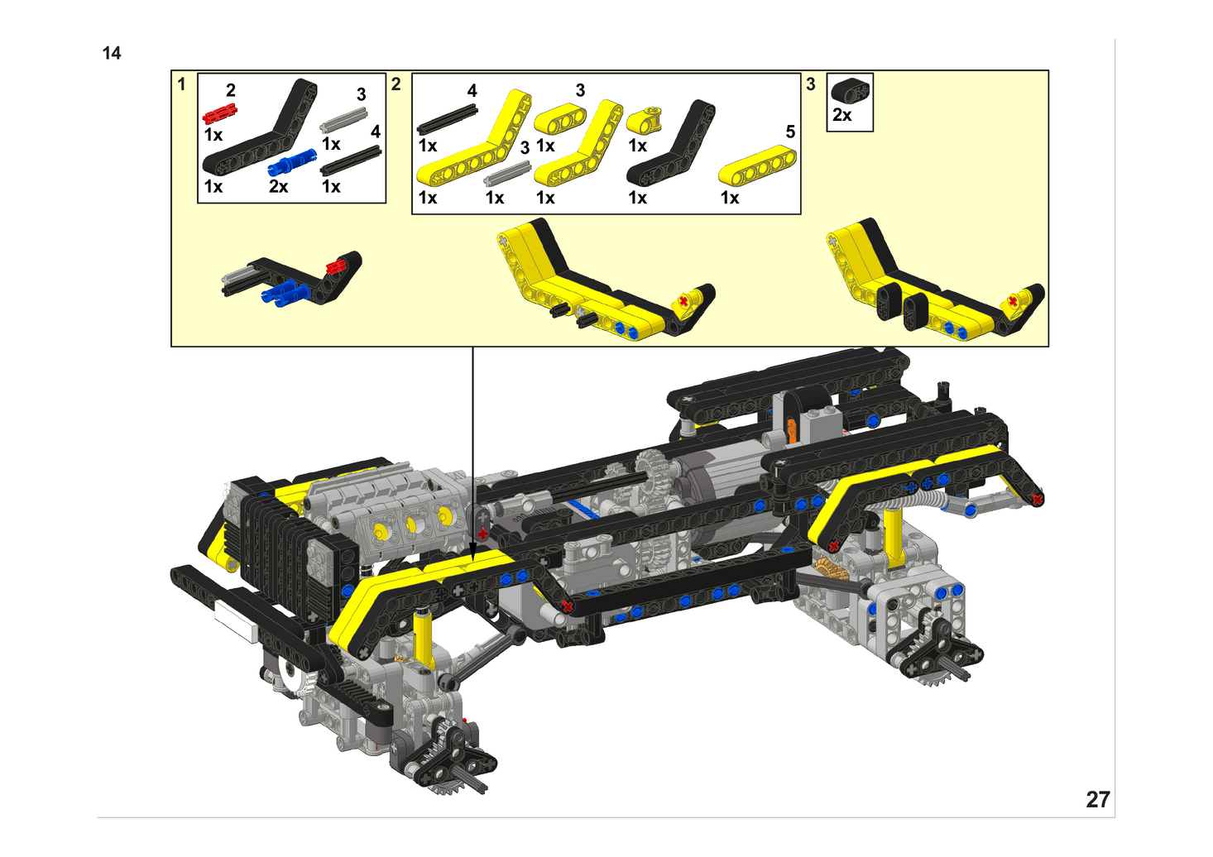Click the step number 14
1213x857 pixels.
click(x=112, y=53)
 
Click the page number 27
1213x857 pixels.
click(x=1098, y=800)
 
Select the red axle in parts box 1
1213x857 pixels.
click(x=220, y=113)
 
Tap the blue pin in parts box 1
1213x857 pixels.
click(x=292, y=162)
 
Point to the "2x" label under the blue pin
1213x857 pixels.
click(x=278, y=186)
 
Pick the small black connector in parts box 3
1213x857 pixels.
click(x=851, y=90)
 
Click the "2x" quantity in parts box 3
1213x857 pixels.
click(x=842, y=115)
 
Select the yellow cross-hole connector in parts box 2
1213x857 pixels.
click(x=645, y=120)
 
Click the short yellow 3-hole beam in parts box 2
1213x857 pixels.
click(x=560, y=118)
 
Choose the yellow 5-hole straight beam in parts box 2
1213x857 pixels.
click(x=758, y=165)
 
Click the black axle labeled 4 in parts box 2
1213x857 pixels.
click(x=448, y=120)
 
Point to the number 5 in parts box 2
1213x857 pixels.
click(x=791, y=132)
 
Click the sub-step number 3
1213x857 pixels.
click(x=811, y=84)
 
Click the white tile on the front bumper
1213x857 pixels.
click(x=236, y=621)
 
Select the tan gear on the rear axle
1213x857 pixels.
click(x=827, y=568)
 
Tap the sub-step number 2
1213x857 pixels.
click(x=396, y=84)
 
